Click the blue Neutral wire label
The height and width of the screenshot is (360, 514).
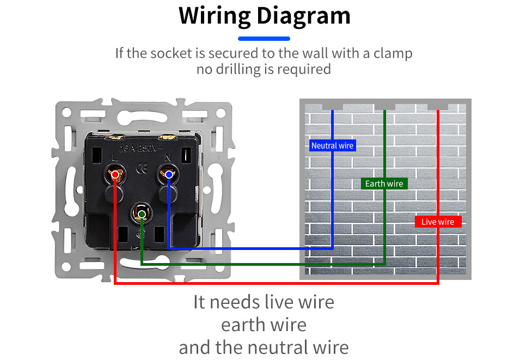[332, 145]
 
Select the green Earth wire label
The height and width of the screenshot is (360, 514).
[384, 184]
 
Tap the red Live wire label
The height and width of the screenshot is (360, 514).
[438, 222]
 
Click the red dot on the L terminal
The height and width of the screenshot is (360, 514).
[115, 175]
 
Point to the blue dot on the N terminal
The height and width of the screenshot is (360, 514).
[169, 174]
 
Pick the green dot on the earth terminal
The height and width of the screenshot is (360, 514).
[142, 215]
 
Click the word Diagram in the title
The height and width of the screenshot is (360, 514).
[303, 16]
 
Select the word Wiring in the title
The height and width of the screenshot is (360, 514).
[215, 16]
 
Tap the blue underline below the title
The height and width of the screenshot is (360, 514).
[264, 39]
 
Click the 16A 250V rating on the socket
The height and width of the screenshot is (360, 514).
[141, 149]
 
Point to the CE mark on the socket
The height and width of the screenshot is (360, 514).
[142, 169]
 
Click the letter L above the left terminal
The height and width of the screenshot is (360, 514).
[115, 157]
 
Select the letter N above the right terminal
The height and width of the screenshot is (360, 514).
[168, 158]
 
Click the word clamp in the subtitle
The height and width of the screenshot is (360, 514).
[393, 53]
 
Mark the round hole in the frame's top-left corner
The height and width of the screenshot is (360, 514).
[67, 112]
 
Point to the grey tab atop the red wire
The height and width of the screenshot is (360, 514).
[438, 107]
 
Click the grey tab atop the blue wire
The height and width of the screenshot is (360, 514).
[332, 107]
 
